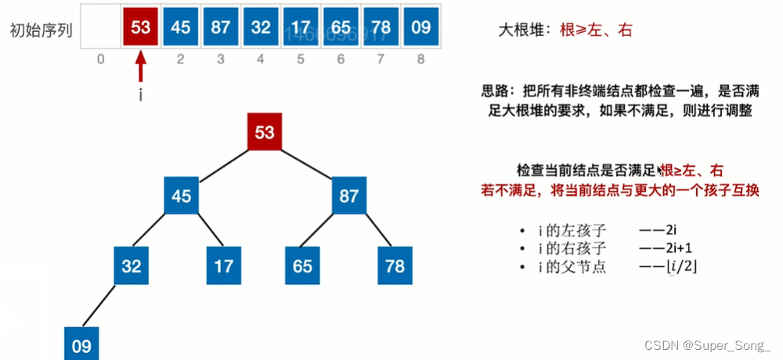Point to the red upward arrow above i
pos(141,67)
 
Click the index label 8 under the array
pos(421,59)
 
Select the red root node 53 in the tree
pos(265,131)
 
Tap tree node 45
pos(182,196)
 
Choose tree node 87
pos(348,196)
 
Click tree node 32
pos(132,265)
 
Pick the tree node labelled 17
pos(224,265)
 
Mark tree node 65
pos(303,265)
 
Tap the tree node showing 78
pos(395,265)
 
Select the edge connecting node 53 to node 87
pos(307,164)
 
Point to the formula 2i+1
pos(680,249)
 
